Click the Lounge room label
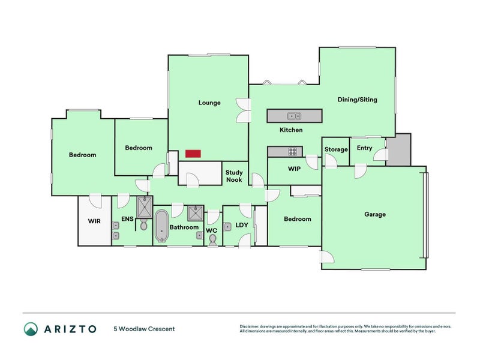point(209,103)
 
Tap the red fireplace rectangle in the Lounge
point(193,154)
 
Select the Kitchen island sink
point(294,116)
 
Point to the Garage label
point(375,214)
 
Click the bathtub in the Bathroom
point(161,226)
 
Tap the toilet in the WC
point(213,239)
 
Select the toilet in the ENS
point(144,224)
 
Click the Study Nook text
point(234,176)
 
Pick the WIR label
point(94,221)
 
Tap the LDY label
point(242,225)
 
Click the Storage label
point(336,149)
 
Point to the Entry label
point(364,148)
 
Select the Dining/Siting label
point(357,100)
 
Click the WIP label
point(294,169)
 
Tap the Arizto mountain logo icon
point(31,328)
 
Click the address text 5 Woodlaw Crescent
point(144,329)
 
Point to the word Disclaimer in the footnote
point(251,326)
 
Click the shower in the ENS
point(145,206)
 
